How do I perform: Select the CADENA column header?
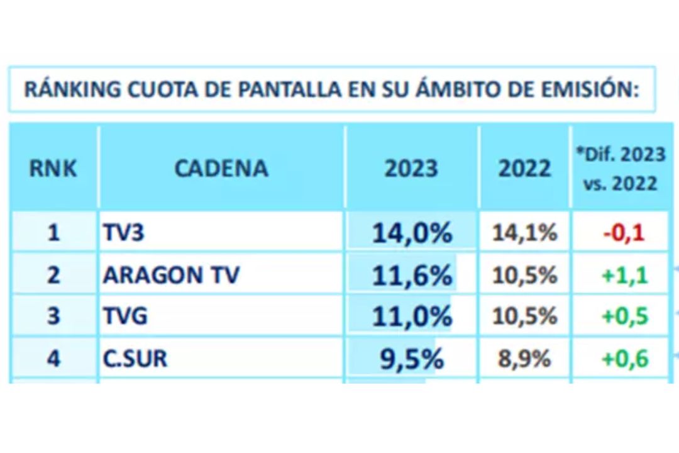click(221, 169)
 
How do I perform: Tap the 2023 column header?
click(411, 169)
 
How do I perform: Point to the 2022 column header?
click(524, 169)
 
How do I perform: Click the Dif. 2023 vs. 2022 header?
click(620, 169)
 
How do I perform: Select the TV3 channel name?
click(124, 233)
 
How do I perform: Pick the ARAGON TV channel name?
click(171, 276)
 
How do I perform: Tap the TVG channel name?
click(125, 316)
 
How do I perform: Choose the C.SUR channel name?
click(135, 359)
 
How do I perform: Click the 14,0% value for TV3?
click(412, 233)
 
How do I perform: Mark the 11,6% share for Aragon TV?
click(412, 276)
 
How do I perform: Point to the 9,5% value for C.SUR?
click(412, 359)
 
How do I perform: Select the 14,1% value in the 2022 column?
click(524, 233)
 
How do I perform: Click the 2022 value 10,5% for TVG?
click(524, 316)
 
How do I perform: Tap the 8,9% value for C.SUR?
click(524, 359)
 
